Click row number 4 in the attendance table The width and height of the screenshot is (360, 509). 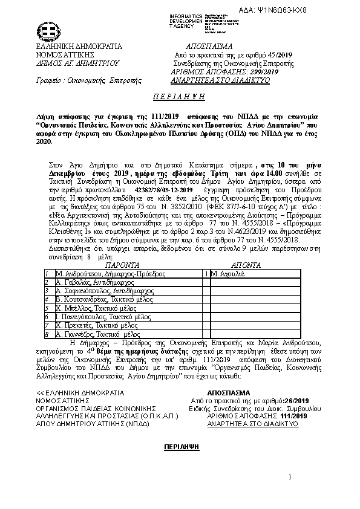47,299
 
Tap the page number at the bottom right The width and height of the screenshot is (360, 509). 290,478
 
